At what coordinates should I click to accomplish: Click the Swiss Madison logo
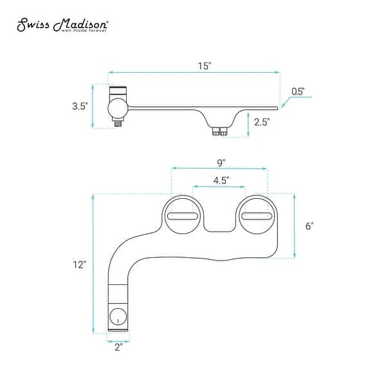click(x=62, y=24)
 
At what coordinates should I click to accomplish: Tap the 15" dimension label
click(x=205, y=66)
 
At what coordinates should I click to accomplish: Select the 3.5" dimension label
click(x=80, y=106)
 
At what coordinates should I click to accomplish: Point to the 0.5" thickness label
click(x=298, y=91)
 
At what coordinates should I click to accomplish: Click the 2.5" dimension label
click(x=262, y=122)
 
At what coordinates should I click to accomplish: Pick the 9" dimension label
click(x=221, y=163)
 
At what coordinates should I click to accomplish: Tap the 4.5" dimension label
click(x=221, y=180)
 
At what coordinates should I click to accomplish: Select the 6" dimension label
click(x=309, y=226)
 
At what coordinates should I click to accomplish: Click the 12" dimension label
click(x=79, y=264)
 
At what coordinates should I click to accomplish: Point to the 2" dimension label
click(x=118, y=347)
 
